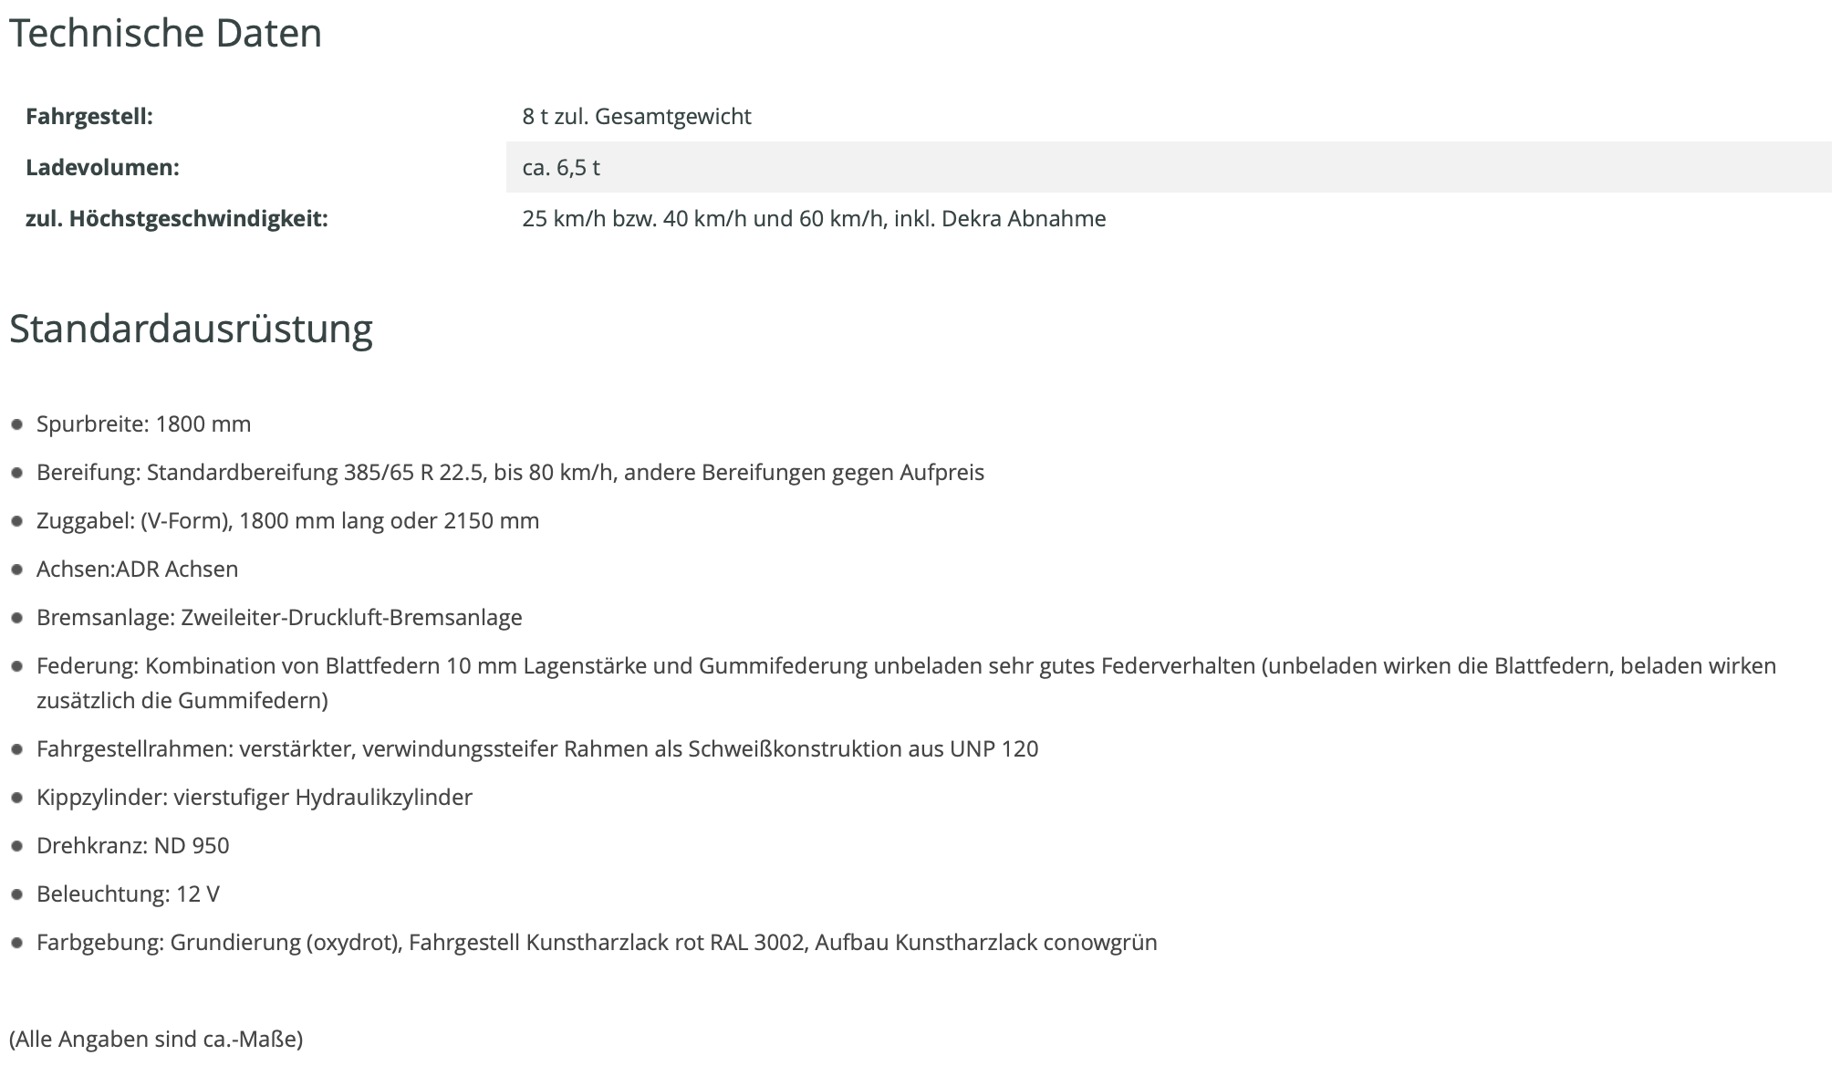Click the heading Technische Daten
coord(165,34)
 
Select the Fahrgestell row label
coord(89,117)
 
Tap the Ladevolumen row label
coord(102,168)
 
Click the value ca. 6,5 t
coord(561,168)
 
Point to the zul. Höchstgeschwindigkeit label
coord(176,219)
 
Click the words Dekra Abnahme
coord(1024,219)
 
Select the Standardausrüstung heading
coord(191,329)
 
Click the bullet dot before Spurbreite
coord(16,424)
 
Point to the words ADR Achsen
coord(177,570)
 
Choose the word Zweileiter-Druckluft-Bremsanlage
coord(351,618)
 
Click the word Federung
coord(86,666)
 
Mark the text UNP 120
coord(993,749)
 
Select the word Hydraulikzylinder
coord(384,798)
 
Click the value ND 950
coord(192,846)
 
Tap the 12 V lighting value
coord(198,894)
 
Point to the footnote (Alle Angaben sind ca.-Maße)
coord(156,1040)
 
